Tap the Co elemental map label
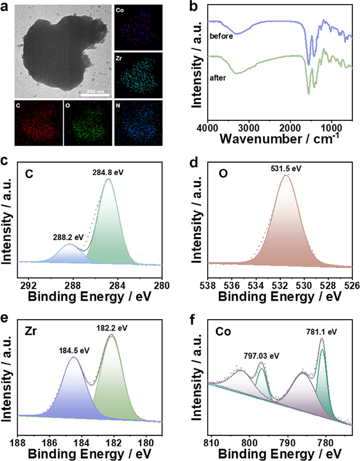click(x=119, y=10)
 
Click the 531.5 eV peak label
click(x=285, y=168)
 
